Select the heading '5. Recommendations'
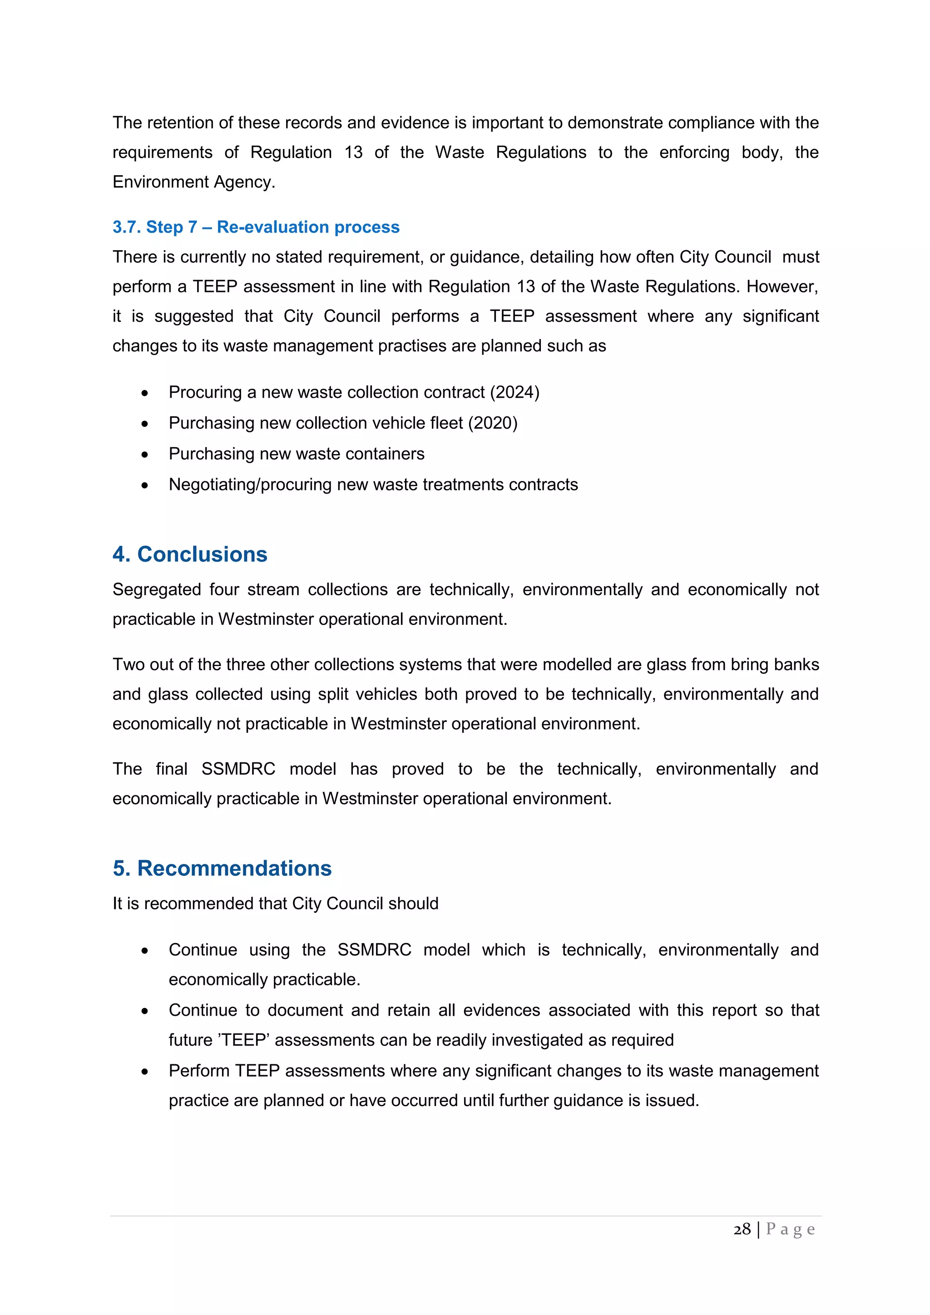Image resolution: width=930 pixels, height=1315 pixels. [222, 868]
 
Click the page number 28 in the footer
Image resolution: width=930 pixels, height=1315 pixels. [742, 1229]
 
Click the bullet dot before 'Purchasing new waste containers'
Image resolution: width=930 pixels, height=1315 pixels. [145, 455]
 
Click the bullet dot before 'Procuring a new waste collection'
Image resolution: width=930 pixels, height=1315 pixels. [145, 393]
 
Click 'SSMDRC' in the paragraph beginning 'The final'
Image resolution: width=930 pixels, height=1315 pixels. [238, 769]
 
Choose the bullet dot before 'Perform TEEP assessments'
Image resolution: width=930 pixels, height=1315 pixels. [145, 1072]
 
